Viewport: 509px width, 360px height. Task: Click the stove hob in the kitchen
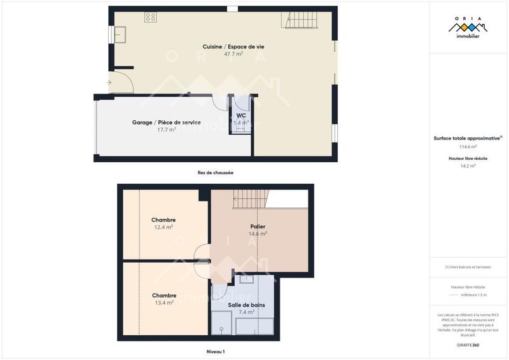pyautogui.click(x=151, y=17)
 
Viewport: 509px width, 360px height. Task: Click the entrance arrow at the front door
pyautogui.click(x=109, y=82)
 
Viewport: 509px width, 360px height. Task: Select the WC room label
pyautogui.click(x=241, y=115)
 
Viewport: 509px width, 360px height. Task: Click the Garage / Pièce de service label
pyautogui.click(x=166, y=122)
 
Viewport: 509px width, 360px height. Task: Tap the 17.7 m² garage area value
pyautogui.click(x=167, y=130)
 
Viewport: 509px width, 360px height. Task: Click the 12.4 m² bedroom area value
pyautogui.click(x=164, y=227)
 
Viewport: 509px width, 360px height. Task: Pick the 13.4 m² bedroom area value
pyautogui.click(x=164, y=303)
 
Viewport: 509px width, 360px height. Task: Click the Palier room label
pyautogui.click(x=258, y=226)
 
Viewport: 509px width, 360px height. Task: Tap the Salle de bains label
pyautogui.click(x=246, y=305)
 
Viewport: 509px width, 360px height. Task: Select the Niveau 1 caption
pyautogui.click(x=215, y=351)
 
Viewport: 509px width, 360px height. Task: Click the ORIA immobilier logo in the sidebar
pyautogui.click(x=468, y=29)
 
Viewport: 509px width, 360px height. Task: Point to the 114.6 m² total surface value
pyautogui.click(x=468, y=146)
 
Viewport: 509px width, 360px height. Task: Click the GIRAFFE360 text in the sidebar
pyautogui.click(x=468, y=344)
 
